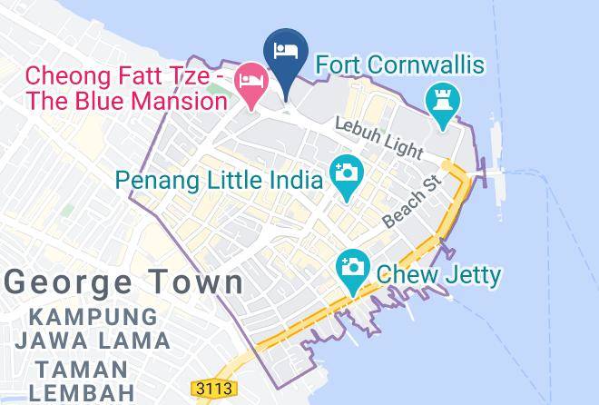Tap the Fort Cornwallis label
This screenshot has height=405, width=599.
pyautogui.click(x=399, y=65)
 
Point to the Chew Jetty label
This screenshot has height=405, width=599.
pyautogui.click(x=438, y=273)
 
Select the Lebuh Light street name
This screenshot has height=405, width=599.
pyautogui.click(x=378, y=136)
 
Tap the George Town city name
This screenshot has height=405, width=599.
pyautogui.click(x=124, y=281)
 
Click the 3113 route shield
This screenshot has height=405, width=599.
pyautogui.click(x=214, y=389)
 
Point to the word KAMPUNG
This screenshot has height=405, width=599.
pyautogui.click(x=93, y=318)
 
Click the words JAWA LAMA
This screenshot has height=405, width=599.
pyautogui.click(x=93, y=341)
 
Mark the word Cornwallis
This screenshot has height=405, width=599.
pyautogui.click(x=430, y=65)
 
